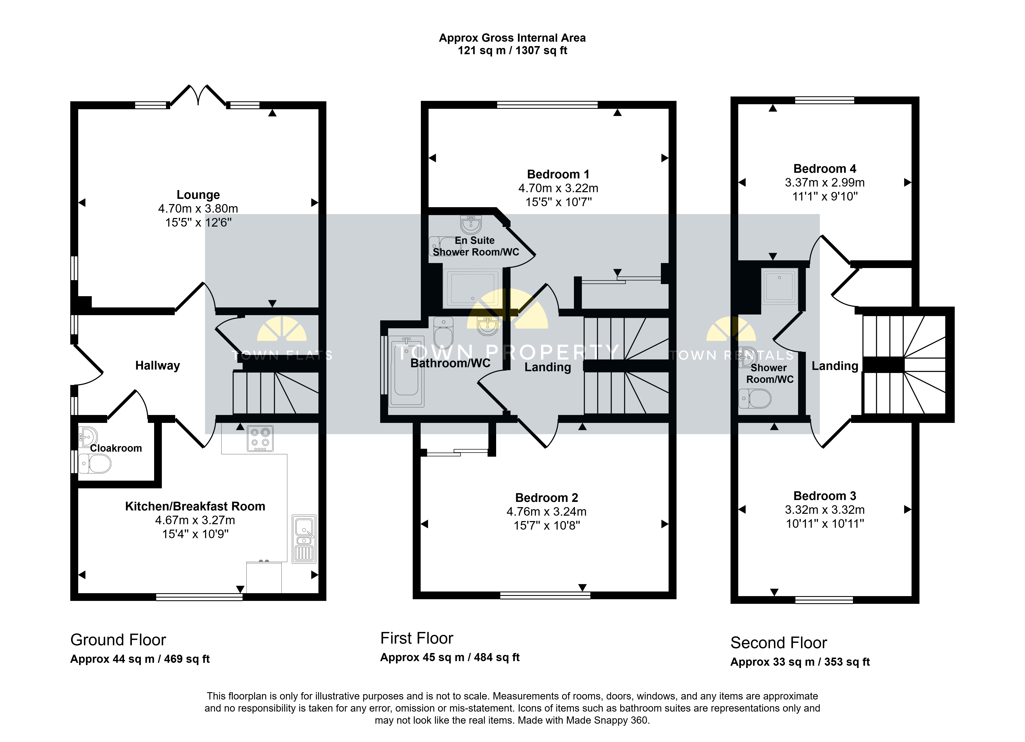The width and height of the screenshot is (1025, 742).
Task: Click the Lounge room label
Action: (x=198, y=195)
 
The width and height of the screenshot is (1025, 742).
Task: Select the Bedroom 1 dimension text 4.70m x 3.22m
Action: (x=558, y=188)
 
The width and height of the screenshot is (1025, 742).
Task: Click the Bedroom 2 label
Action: (x=546, y=498)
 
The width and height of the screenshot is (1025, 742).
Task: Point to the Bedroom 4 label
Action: (x=825, y=169)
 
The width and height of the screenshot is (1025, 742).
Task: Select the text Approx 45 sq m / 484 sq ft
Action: (x=450, y=658)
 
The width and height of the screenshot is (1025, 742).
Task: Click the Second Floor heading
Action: (x=779, y=643)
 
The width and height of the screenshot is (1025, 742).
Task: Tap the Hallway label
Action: (x=158, y=365)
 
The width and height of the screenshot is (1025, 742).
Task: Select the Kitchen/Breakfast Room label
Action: (x=195, y=506)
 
